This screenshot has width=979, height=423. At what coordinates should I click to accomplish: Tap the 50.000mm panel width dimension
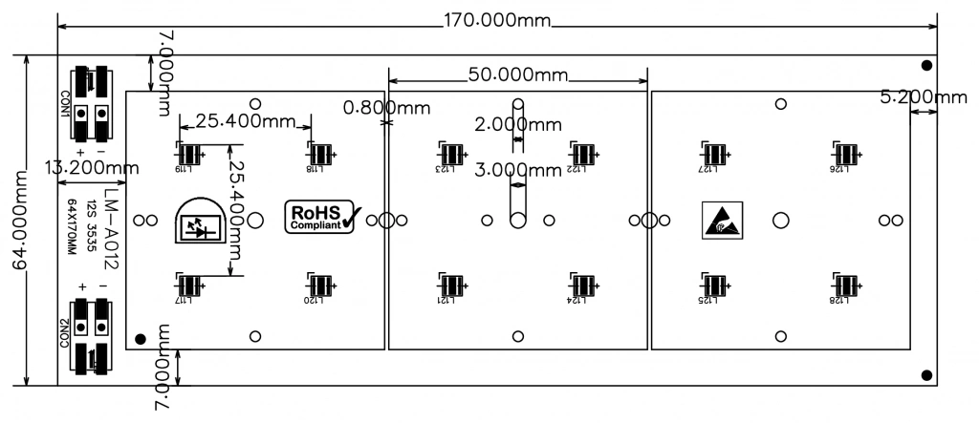(517, 74)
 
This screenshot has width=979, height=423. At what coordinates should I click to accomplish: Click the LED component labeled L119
(190, 154)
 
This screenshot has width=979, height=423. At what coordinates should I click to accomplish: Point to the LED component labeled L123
(452, 154)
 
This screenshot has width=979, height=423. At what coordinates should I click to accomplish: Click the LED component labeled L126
(845, 154)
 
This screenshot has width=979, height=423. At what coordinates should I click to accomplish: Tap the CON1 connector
(93, 101)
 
